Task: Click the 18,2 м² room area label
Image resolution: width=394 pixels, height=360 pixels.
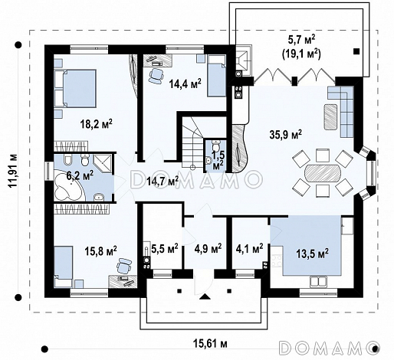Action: (x=97, y=124)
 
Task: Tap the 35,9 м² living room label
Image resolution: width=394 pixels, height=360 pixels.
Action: (x=286, y=134)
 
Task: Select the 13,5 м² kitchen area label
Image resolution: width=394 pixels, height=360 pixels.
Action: (x=312, y=254)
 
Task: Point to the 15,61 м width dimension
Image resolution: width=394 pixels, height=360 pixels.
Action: (x=210, y=344)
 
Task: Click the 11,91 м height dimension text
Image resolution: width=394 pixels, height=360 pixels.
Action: (x=12, y=171)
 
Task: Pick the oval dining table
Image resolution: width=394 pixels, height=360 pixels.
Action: (x=323, y=173)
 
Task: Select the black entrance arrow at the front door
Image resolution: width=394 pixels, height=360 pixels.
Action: (x=205, y=296)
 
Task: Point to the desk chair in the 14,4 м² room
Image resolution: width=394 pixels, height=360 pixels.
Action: (x=156, y=75)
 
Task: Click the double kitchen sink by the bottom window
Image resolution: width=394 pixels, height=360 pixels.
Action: (x=318, y=281)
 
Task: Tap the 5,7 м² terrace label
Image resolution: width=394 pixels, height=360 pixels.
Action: (x=301, y=40)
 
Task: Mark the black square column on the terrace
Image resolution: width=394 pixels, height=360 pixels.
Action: (x=356, y=51)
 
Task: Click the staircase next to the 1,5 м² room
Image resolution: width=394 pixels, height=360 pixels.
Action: (x=192, y=142)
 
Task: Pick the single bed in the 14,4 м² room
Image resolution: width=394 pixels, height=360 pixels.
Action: (x=216, y=76)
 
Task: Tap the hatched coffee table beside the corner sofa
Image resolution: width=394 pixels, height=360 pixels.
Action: (x=331, y=117)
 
